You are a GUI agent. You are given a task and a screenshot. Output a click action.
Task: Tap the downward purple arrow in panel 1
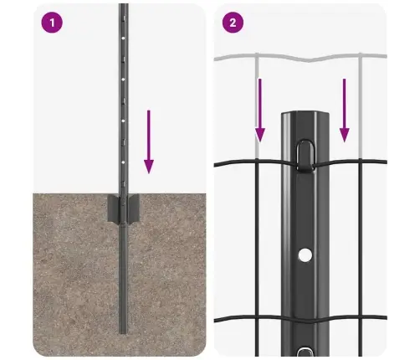click(x=148, y=141)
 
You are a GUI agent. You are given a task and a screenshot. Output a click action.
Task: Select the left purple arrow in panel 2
click(x=260, y=109)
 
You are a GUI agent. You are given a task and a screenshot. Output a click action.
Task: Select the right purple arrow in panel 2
click(x=344, y=109)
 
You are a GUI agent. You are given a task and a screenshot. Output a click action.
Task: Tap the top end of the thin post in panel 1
click(x=123, y=7)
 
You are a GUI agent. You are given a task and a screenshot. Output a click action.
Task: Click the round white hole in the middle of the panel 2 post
click(x=305, y=253)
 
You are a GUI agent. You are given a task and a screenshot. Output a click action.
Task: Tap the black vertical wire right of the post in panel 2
click(x=360, y=251)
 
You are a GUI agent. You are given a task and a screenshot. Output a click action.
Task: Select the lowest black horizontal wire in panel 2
click(x=251, y=321)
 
